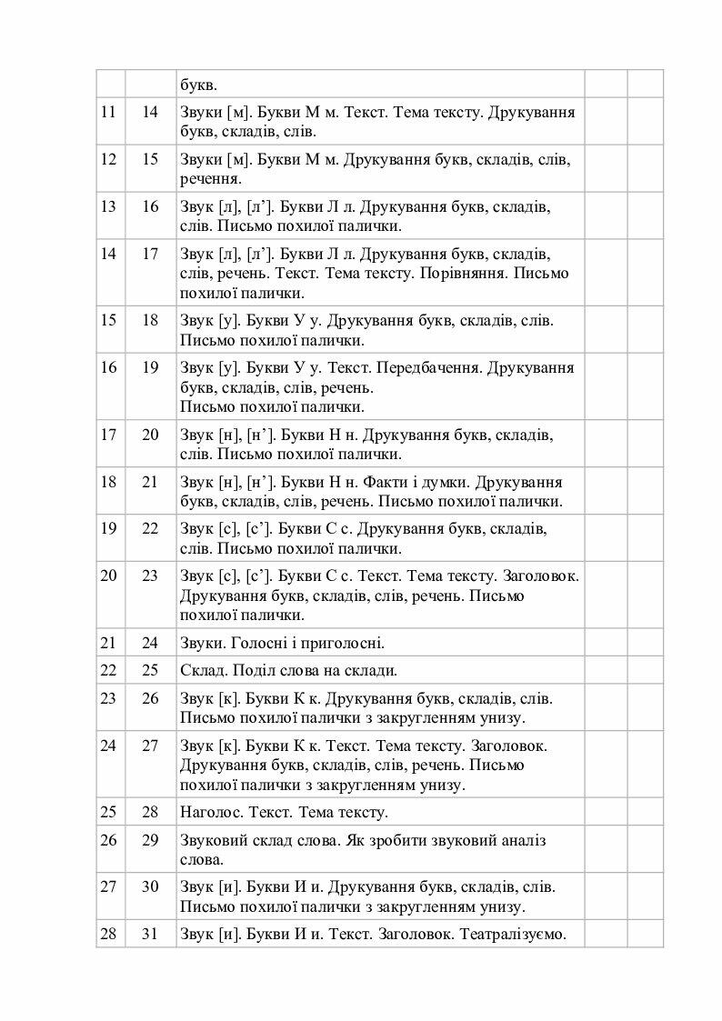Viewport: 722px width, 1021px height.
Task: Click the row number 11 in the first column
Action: coord(108,112)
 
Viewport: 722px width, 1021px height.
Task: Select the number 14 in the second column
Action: coord(151,112)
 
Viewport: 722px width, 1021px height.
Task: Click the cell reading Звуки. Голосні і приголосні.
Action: coord(283,644)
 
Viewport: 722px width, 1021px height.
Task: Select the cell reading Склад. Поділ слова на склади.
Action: coord(289,671)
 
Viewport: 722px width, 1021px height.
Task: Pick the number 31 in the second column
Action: coord(151,933)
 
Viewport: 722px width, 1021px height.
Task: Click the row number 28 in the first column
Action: coord(108,933)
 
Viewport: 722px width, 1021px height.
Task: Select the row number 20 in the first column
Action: coord(108,575)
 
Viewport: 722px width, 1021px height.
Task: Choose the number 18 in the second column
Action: coord(151,320)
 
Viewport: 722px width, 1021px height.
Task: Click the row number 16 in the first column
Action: coord(108,367)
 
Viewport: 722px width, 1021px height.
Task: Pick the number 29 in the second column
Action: coord(151,840)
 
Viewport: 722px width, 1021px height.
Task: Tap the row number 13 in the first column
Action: coord(108,206)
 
